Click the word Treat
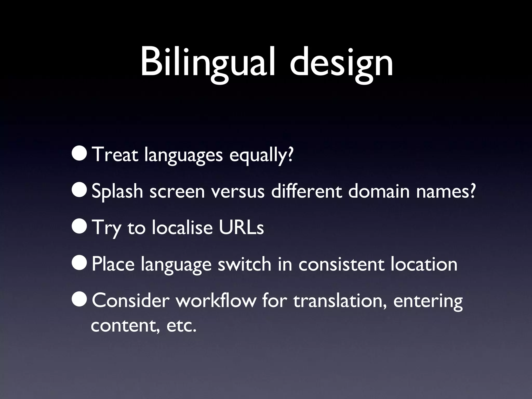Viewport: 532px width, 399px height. click(x=115, y=155)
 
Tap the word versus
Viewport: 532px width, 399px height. click(x=238, y=191)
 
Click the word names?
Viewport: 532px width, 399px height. click(x=446, y=191)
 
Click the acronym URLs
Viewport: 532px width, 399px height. click(x=241, y=227)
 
